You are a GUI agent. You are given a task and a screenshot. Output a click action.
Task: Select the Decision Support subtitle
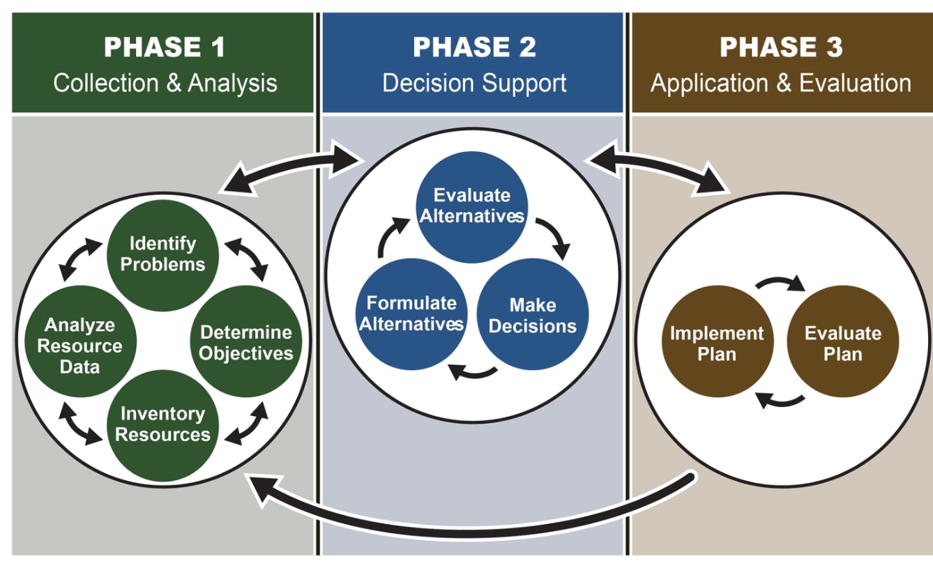(474, 83)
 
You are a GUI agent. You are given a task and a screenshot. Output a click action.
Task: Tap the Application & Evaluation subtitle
(780, 83)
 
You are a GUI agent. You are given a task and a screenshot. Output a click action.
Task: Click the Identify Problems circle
(162, 254)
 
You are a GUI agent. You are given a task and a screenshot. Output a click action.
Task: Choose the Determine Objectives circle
(246, 342)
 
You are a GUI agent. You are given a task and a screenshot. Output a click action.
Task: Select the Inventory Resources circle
(162, 424)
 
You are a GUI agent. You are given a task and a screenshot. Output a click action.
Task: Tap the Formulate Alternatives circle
(411, 314)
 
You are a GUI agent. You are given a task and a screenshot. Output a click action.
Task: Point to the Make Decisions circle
(533, 315)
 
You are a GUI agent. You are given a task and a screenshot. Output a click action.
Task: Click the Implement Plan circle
(717, 343)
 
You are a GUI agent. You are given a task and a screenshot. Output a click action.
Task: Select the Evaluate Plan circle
(842, 343)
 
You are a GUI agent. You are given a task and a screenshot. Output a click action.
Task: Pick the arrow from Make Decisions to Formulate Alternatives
(473, 373)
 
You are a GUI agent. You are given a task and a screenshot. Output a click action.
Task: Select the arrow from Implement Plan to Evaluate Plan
(780, 285)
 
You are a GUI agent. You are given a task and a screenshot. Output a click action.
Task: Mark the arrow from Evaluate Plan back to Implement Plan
(780, 400)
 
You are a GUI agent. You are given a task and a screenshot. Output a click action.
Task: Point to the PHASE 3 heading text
(780, 47)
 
